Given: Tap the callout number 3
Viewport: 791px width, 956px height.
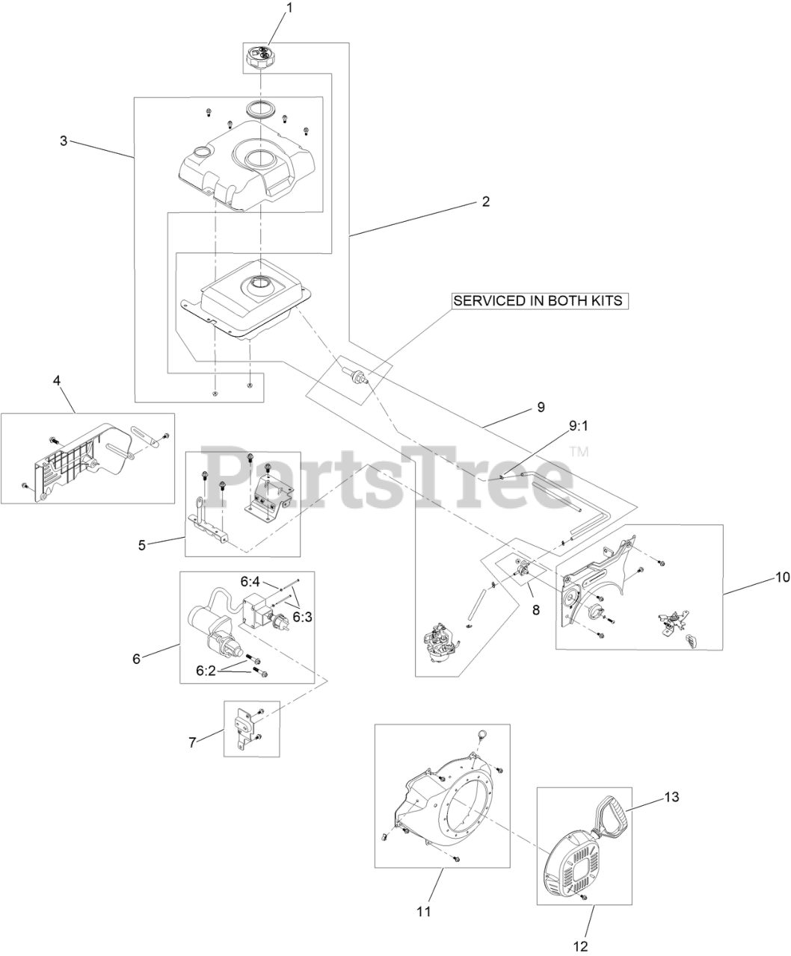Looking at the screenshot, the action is [x=64, y=140].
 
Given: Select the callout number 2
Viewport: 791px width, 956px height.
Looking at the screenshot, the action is [x=485, y=202].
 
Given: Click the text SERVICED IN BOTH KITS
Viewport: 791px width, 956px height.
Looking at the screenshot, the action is [x=538, y=301].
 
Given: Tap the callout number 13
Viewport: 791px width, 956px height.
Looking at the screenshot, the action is [x=671, y=797].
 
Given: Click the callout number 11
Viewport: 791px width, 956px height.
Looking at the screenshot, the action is [x=424, y=912].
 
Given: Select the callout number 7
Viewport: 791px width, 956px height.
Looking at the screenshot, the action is [x=192, y=742].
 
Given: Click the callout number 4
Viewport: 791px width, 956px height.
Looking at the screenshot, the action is [x=58, y=380].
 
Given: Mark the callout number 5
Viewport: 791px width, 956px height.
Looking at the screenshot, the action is [x=142, y=544].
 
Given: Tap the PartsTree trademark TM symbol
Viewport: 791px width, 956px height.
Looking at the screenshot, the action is [x=579, y=452].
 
